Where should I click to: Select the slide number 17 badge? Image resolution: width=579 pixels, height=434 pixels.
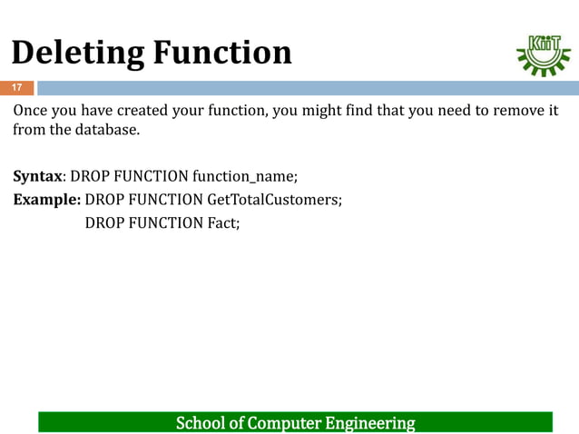(x=16, y=88)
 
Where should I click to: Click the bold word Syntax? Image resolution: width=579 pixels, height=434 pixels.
(x=37, y=175)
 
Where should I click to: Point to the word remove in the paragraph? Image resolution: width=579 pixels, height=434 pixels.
(x=512, y=111)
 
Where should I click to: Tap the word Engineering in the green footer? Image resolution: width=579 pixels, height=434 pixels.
(x=367, y=423)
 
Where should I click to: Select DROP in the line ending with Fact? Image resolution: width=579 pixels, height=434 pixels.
(x=104, y=222)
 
